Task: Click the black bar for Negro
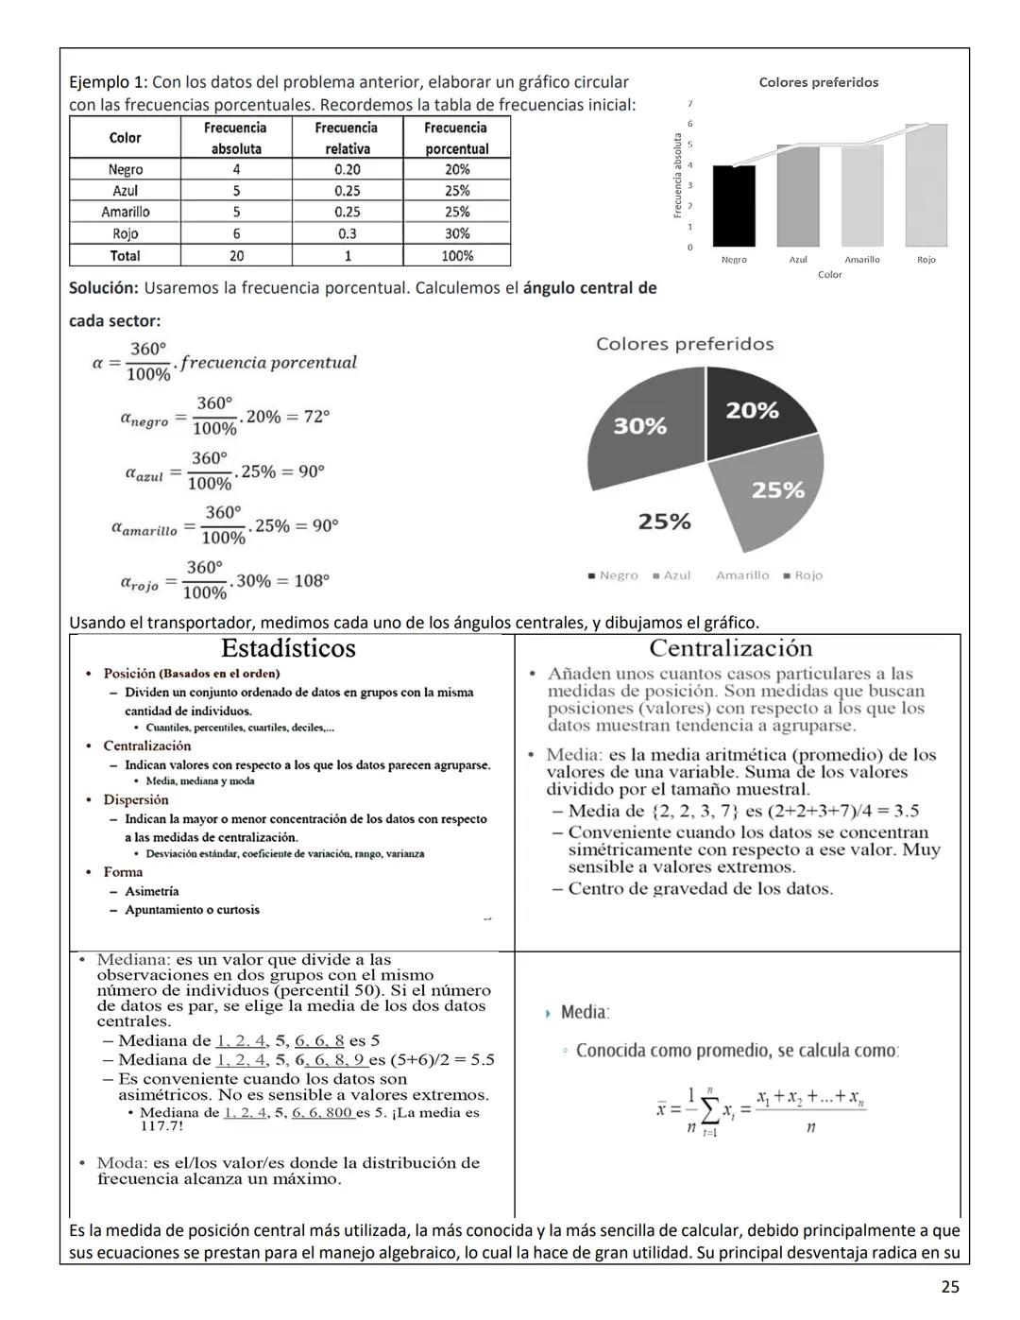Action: (x=734, y=206)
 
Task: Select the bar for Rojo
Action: (x=926, y=186)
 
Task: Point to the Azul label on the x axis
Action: (x=798, y=260)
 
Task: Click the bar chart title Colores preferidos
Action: (x=819, y=83)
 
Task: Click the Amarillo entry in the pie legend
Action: (x=741, y=575)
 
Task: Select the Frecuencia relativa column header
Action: (x=347, y=138)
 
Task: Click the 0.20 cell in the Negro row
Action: (x=347, y=170)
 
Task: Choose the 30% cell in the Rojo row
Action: (x=457, y=233)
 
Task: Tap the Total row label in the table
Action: (x=125, y=256)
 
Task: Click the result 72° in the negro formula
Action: (x=315, y=417)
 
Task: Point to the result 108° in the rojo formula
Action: (x=310, y=581)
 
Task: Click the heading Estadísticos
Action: (x=288, y=648)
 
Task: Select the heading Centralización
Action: (x=731, y=648)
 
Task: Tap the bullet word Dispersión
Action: (x=136, y=800)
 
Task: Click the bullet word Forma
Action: (x=123, y=872)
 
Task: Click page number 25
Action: (x=950, y=1286)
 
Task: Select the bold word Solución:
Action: (x=104, y=288)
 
